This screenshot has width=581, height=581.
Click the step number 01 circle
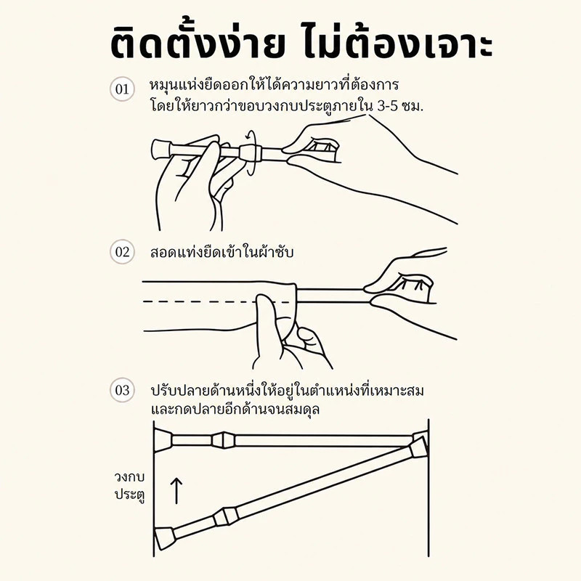[122, 89]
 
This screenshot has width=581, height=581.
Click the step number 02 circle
[122, 252]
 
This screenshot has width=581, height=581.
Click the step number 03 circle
[122, 390]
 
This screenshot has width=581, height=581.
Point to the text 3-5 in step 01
[387, 107]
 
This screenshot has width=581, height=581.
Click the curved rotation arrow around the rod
[251, 153]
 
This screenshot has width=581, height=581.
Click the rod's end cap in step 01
[160, 150]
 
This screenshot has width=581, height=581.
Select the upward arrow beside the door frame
[176, 491]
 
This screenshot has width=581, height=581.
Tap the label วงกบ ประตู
[129, 485]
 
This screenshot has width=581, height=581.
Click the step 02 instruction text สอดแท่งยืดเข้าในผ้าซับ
[222, 252]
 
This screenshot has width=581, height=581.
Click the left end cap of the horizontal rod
[163, 440]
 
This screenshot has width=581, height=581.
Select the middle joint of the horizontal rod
[223, 440]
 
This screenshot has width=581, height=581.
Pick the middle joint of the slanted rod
[226, 516]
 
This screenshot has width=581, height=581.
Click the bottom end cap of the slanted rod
[165, 537]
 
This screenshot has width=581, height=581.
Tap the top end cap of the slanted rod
[419, 447]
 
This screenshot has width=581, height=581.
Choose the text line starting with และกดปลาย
[235, 410]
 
